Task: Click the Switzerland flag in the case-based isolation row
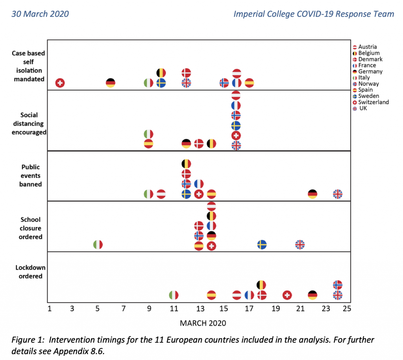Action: click(60, 83)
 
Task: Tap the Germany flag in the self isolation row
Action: click(111, 83)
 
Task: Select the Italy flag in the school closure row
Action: click(98, 245)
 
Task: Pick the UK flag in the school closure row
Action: click(300, 245)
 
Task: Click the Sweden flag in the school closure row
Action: click(262, 245)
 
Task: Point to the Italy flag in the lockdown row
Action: click(174, 295)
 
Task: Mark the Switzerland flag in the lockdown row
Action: click(287, 295)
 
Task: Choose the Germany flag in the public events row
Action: click(312, 194)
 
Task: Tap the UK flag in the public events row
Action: click(338, 194)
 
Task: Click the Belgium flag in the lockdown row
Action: click(262, 285)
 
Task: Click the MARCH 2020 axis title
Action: click(203, 323)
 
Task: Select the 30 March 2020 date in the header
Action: click(40, 14)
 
